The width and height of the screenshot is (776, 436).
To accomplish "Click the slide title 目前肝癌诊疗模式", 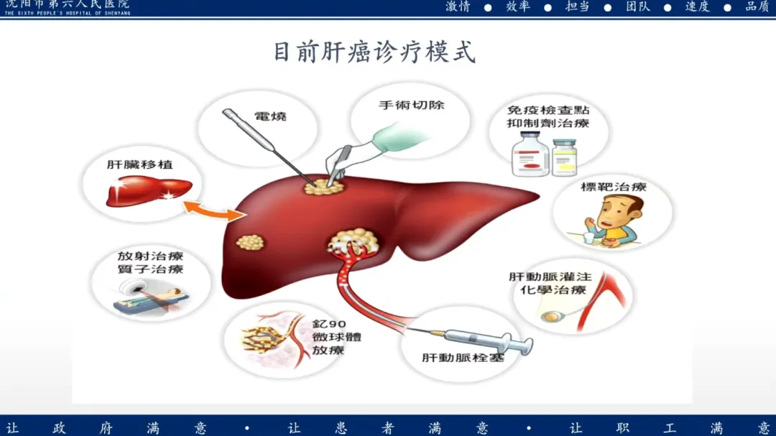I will [x=374, y=52].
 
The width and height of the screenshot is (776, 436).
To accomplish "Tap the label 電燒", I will [x=270, y=116].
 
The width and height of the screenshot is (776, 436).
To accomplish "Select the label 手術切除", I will [x=412, y=105].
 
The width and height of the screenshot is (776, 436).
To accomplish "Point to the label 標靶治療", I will [x=613, y=187].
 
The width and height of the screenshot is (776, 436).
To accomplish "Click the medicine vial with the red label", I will [x=529, y=159].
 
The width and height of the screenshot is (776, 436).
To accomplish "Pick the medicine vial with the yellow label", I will [x=564, y=159].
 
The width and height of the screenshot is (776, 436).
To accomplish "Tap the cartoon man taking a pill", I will [x=616, y=219].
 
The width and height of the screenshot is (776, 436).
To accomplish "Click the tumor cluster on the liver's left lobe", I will [x=251, y=242].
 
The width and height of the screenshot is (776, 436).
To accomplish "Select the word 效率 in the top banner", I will [x=517, y=6].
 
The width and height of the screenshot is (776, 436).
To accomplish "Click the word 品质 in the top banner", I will [x=757, y=6].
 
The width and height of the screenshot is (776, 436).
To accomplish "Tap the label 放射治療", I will [x=151, y=256].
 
